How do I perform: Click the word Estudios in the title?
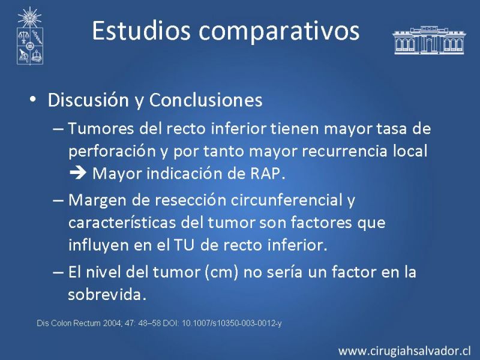click(x=141, y=31)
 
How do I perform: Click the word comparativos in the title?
click(x=279, y=32)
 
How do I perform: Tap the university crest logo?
click(x=29, y=36)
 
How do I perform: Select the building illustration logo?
click(x=428, y=40)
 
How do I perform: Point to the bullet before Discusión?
click(x=33, y=100)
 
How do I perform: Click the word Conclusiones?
click(x=206, y=100)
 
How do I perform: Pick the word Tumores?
click(x=101, y=128)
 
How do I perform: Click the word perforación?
click(x=112, y=152)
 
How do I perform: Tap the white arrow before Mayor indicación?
click(x=78, y=173)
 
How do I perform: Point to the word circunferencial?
click(x=287, y=200)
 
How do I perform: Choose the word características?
click(x=122, y=223)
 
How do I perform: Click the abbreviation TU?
click(x=184, y=245)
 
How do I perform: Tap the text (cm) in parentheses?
click(x=221, y=272)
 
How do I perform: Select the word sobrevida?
click(x=107, y=294)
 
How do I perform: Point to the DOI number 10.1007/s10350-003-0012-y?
click(x=232, y=323)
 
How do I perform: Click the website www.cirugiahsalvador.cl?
click(x=404, y=351)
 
